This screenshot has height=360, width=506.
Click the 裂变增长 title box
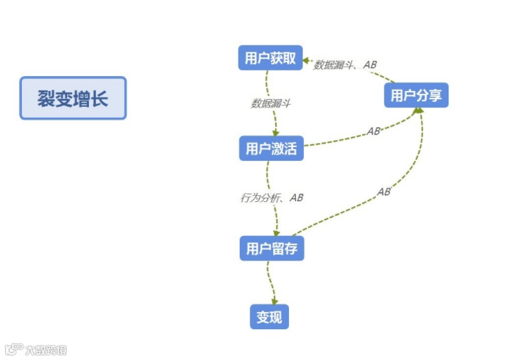point(73,98)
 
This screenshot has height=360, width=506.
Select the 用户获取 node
point(270,57)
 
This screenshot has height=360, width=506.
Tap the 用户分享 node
point(416,95)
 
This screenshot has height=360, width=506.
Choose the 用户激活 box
point(270,149)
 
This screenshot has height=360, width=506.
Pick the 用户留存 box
point(271,248)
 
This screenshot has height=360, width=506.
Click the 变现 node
point(269,317)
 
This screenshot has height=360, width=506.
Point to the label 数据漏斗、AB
point(345,64)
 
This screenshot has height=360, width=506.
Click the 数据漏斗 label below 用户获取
point(270,103)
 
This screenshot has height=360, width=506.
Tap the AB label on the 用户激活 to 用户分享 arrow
point(373,131)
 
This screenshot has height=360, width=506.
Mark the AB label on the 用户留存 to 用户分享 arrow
point(383,192)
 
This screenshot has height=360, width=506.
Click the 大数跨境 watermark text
point(45,350)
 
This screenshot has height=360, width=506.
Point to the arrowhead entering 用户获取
point(307,58)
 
